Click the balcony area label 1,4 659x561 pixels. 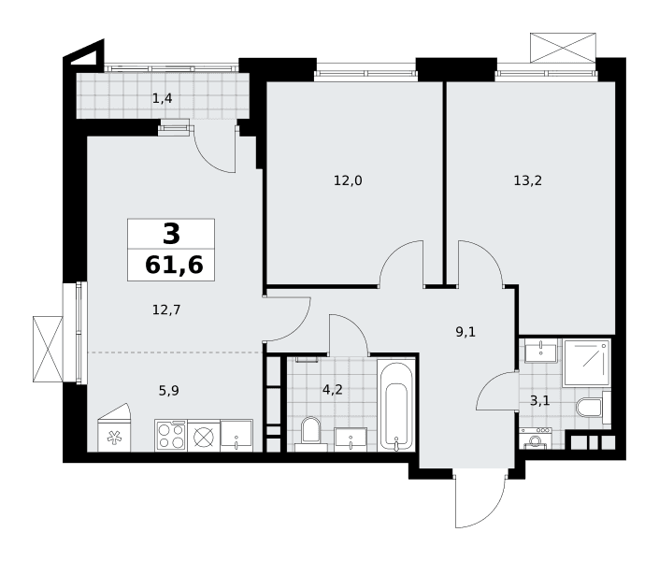(163, 99)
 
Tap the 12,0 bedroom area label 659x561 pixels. (348, 180)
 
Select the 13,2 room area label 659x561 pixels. (527, 180)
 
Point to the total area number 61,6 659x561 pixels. (174, 266)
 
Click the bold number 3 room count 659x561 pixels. (171, 234)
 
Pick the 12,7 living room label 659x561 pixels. (166, 310)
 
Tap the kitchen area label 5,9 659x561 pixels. (168, 391)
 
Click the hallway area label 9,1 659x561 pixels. (466, 332)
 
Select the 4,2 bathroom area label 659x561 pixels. (333, 390)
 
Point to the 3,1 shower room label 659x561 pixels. (539, 401)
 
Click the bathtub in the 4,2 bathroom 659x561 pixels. (396, 406)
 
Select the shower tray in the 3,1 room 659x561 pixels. (587, 363)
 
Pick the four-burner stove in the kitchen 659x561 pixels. (171, 436)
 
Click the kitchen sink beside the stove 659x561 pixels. (236, 436)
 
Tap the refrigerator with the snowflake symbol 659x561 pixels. (114, 428)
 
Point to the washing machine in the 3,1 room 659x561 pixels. (535, 439)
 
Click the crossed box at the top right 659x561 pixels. (563, 48)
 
